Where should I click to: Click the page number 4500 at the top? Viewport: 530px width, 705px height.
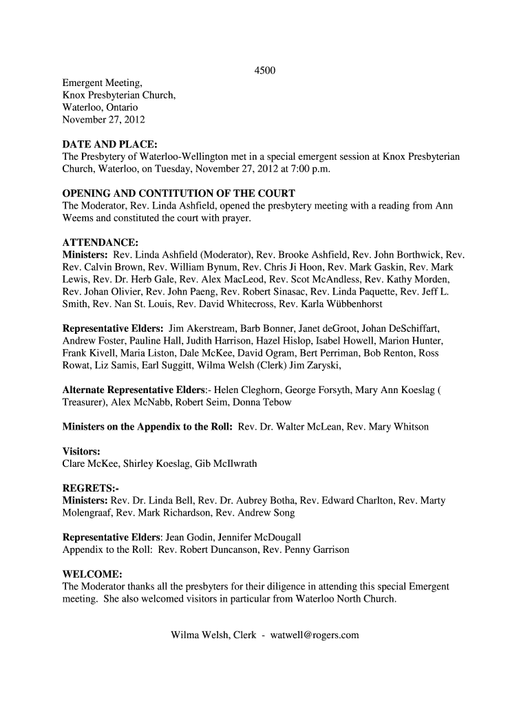pyautogui.click(x=265, y=71)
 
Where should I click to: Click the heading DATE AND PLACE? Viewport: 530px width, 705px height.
pyautogui.click(x=111, y=145)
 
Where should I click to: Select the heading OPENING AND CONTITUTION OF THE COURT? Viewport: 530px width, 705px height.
pyautogui.click(x=179, y=193)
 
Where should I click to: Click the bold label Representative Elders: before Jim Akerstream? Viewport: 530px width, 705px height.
pyautogui.click(x=113, y=328)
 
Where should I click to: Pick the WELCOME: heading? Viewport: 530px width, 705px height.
pyautogui.click(x=93, y=574)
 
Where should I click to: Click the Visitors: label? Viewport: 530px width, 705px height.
pyautogui.click(x=81, y=452)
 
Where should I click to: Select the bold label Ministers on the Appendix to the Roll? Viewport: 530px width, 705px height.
pyautogui.click(x=147, y=427)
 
